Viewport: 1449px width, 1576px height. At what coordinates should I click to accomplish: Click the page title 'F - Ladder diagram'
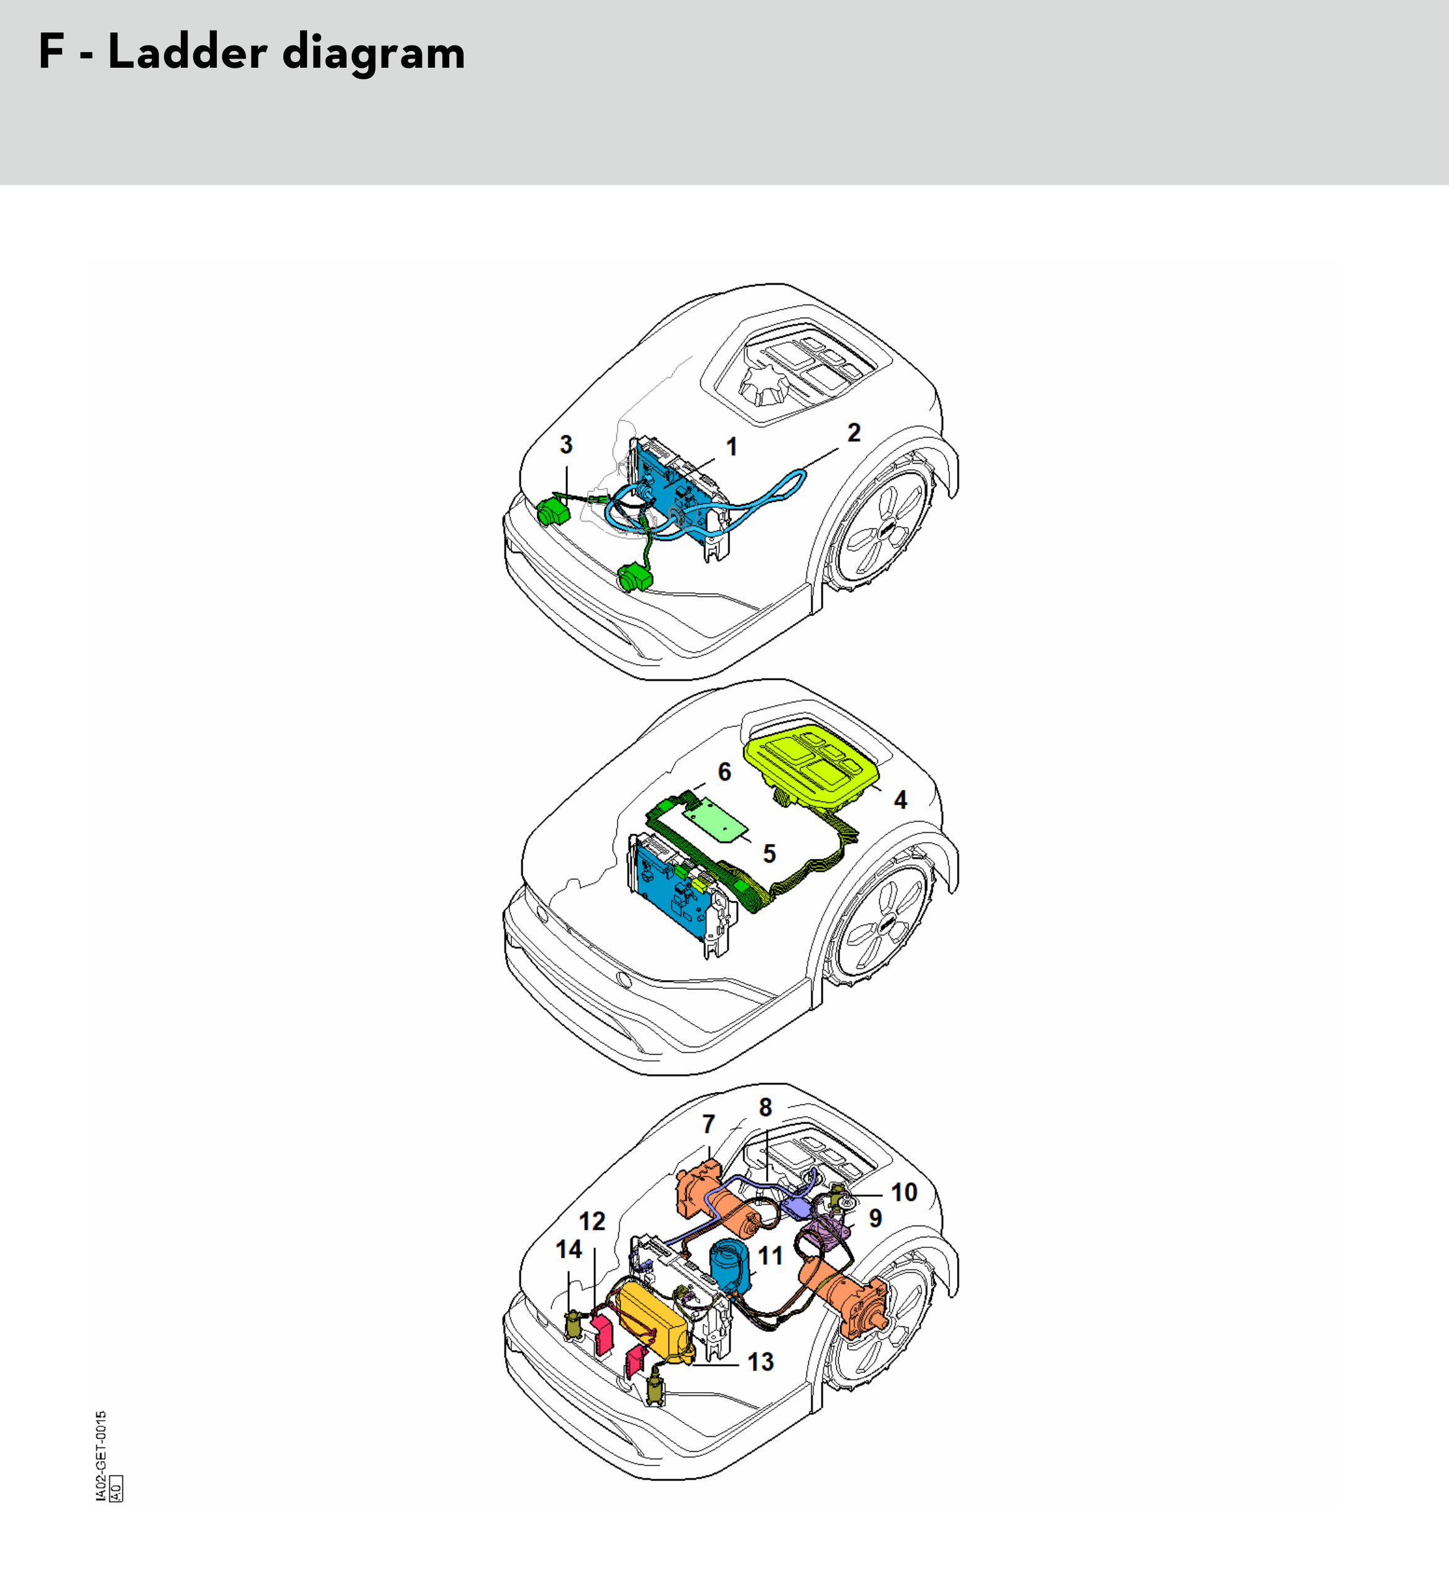[x=252, y=53]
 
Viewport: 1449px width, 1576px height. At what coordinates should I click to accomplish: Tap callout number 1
[x=731, y=447]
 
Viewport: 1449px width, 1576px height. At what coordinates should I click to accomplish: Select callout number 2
[x=854, y=433]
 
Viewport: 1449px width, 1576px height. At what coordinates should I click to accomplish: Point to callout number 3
[x=566, y=444]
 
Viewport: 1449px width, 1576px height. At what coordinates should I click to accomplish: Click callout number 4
[x=900, y=800]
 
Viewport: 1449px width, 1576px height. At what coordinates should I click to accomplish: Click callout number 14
[x=569, y=1249]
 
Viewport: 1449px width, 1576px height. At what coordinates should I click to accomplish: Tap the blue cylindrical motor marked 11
[x=730, y=1263]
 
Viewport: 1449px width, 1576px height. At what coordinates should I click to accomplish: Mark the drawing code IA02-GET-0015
[x=101, y=1457]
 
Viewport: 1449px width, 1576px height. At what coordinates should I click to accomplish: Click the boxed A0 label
[x=116, y=1489]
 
